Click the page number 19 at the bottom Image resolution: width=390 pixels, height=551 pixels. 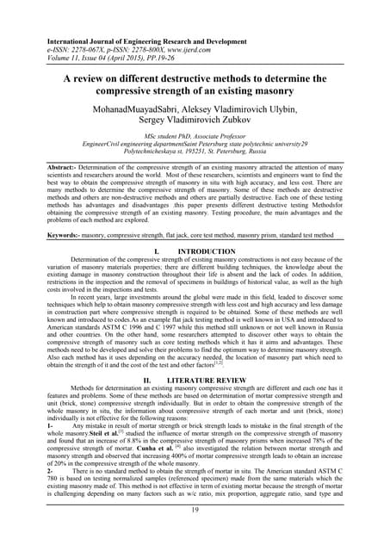[195, 535]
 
